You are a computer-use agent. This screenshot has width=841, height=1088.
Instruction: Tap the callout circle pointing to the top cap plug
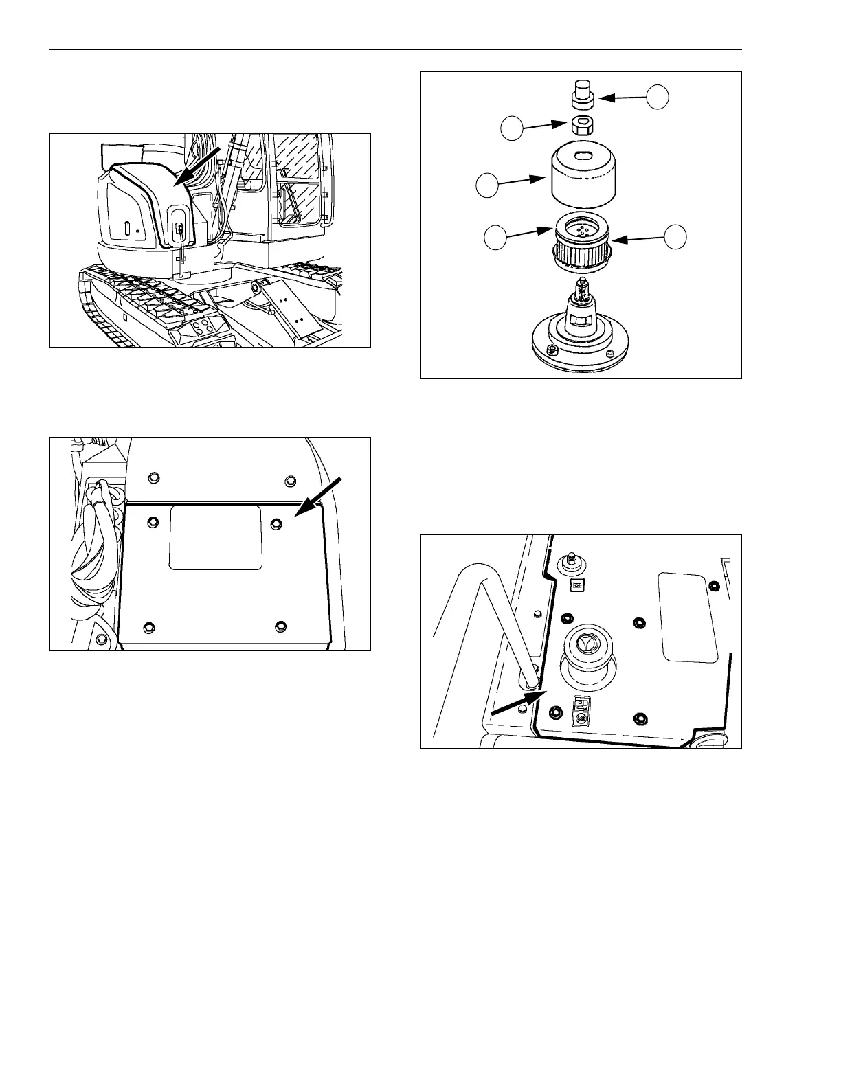[658, 97]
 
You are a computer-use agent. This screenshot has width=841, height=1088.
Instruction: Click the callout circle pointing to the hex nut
[511, 128]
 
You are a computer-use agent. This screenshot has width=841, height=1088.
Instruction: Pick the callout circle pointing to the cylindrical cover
[487, 186]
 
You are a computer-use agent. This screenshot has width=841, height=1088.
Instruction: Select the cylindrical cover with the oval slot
[583, 177]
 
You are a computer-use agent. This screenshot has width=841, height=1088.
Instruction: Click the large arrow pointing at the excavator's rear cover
[200, 165]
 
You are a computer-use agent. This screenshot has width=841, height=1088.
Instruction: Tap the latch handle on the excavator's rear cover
[179, 231]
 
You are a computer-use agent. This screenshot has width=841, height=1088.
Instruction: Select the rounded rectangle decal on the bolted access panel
[215, 538]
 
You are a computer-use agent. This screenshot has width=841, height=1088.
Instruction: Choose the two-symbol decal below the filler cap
[581, 711]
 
